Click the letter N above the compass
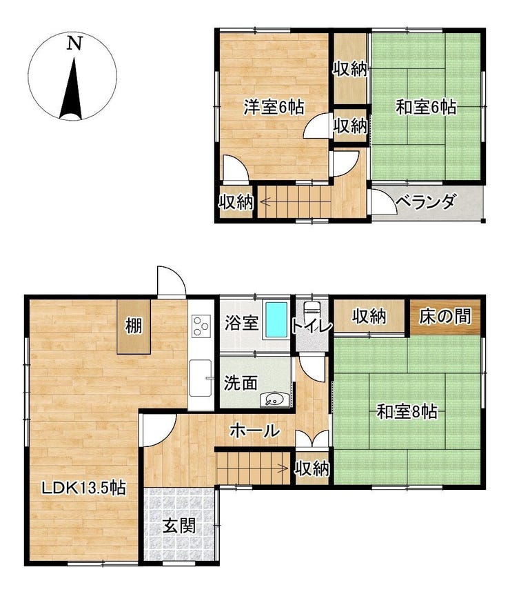74,43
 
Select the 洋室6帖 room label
274,107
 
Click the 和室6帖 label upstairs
426,107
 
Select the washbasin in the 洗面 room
275,399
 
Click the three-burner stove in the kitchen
200,326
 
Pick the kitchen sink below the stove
200,377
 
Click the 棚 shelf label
134,326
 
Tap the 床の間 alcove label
445,316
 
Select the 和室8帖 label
407,411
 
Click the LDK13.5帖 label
83,488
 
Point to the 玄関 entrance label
179,526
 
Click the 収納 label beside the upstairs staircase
236,202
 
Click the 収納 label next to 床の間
369,316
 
